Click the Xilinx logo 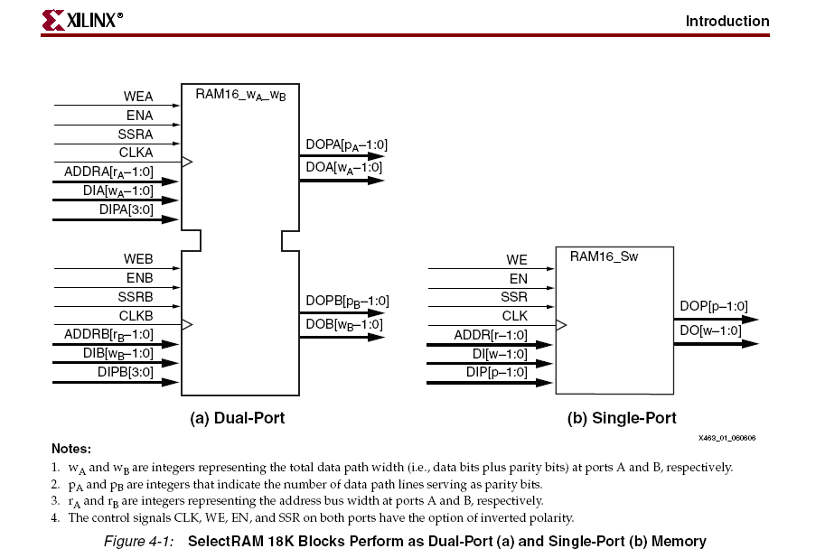click(x=82, y=20)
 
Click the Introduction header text click(x=727, y=21)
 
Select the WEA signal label click(x=138, y=97)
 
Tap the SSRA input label click(x=136, y=135)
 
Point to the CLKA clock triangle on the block click(x=187, y=162)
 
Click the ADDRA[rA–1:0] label click(x=109, y=172)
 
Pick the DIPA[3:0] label click(x=127, y=209)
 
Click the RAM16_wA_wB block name click(x=240, y=95)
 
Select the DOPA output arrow click(x=342, y=155)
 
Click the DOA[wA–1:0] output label click(x=344, y=168)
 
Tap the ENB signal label click(x=139, y=278)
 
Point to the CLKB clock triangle click(x=187, y=324)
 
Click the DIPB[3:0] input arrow click(x=116, y=382)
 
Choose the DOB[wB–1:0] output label click(x=344, y=324)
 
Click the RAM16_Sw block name click(x=604, y=256)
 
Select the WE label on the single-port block click(x=517, y=260)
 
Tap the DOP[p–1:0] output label click(x=714, y=306)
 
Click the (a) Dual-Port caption click(x=238, y=418)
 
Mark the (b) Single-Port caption click(x=622, y=418)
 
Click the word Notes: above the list click(x=71, y=449)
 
